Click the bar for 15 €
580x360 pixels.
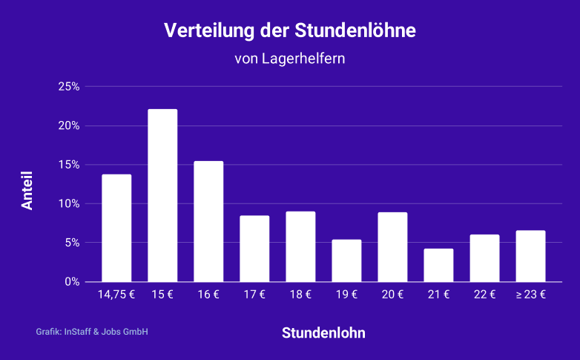162,195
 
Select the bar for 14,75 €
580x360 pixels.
116,228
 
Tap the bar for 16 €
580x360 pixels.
208,221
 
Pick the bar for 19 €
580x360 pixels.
346,261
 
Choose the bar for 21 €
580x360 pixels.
438,265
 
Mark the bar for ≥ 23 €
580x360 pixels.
530,256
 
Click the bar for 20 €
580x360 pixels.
392,247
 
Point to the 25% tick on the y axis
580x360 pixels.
68,87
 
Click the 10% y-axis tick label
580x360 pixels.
68,203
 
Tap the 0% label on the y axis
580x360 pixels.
71,281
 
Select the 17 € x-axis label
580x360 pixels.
254,295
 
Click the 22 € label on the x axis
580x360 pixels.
484,295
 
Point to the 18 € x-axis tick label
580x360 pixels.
300,295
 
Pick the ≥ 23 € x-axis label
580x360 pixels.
530,295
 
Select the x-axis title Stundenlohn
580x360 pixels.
323,333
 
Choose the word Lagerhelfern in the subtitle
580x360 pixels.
304,58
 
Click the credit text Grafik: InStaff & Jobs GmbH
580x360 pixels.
92,332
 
